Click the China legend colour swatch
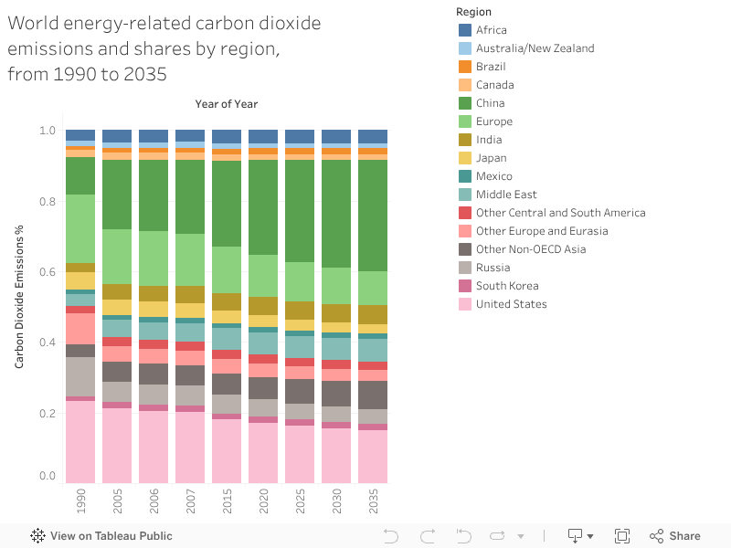(465, 103)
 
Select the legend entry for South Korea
(506, 286)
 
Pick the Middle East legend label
(506, 195)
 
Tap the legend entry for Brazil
(491, 67)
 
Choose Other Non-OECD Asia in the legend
(531, 249)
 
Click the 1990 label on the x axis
(80, 501)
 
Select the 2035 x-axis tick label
(373, 501)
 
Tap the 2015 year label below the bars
(227, 501)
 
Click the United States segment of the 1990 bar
(80, 442)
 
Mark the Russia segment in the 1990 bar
(80, 376)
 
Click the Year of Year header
(227, 104)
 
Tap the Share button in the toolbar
(675, 536)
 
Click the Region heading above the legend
(473, 12)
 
